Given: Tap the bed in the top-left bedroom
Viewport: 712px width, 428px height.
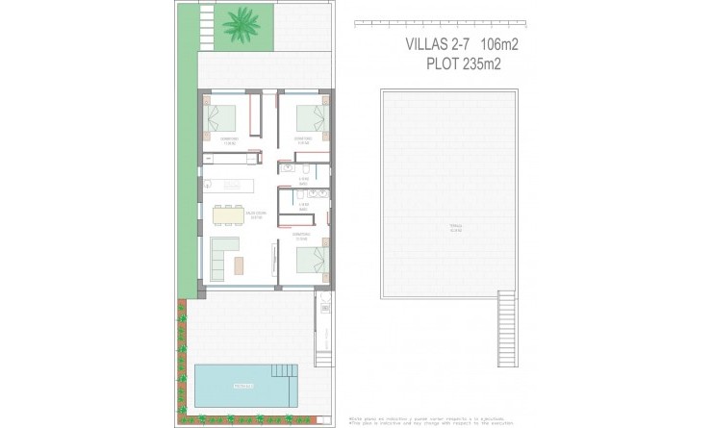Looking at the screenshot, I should (x=224, y=117).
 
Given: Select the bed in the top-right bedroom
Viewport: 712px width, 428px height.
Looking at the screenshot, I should (x=310, y=117).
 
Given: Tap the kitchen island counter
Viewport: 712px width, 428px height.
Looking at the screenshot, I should (x=230, y=182).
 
